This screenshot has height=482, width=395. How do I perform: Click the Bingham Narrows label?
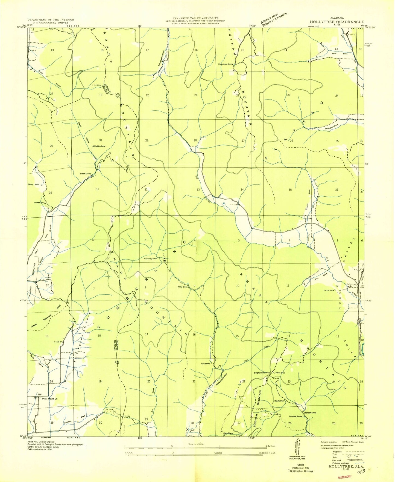coord(262,373)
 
